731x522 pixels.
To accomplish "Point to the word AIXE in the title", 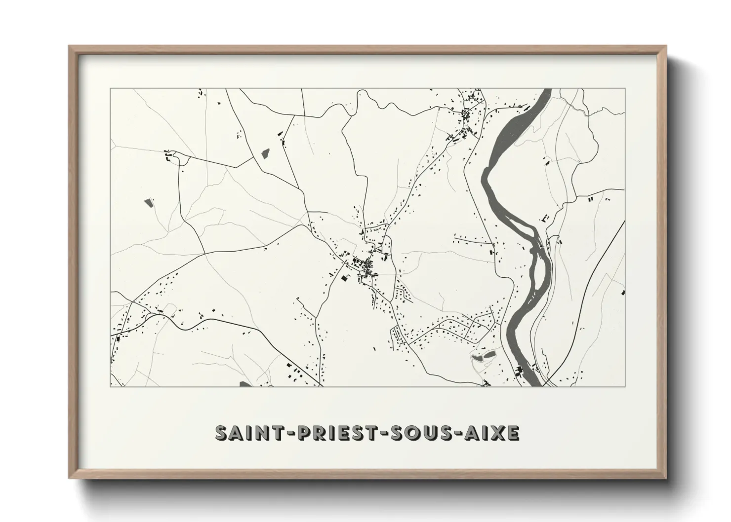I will coord(494,433).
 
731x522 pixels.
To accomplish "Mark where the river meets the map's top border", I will coord(546,89).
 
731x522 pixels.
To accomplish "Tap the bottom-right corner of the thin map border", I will coord(625,386).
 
